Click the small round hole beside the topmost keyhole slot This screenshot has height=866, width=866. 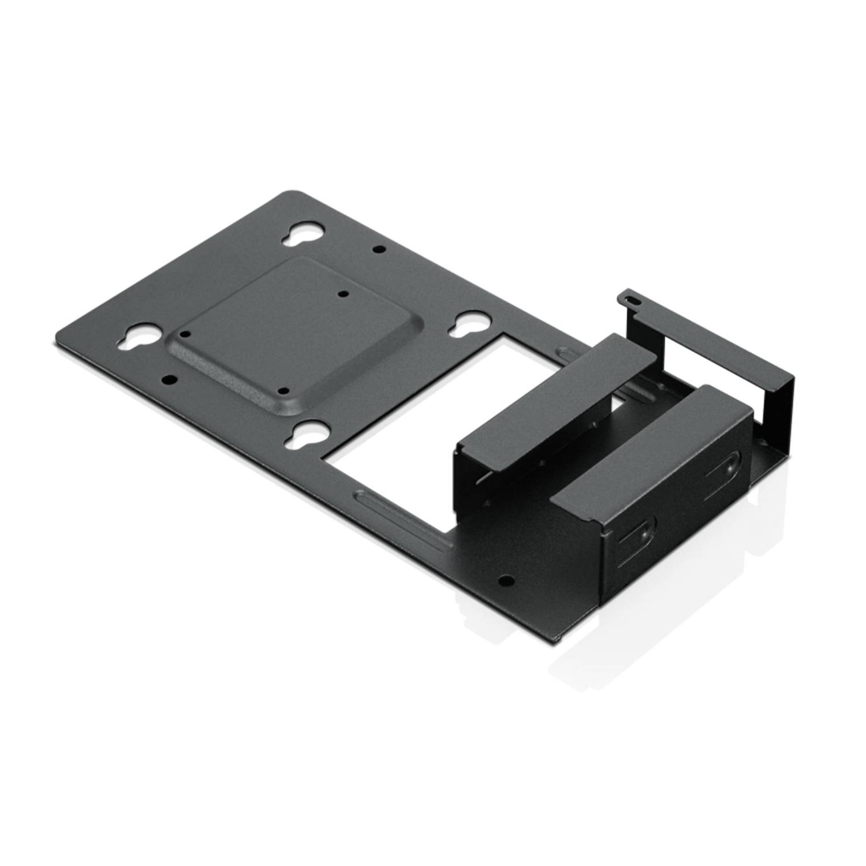(379, 249)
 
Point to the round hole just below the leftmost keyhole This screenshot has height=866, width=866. (169, 380)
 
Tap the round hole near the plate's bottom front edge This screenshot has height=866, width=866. (506, 580)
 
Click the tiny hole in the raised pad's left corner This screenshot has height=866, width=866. (185, 334)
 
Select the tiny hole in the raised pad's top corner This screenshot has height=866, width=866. (344, 294)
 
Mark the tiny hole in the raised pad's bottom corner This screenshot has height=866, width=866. (281, 391)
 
